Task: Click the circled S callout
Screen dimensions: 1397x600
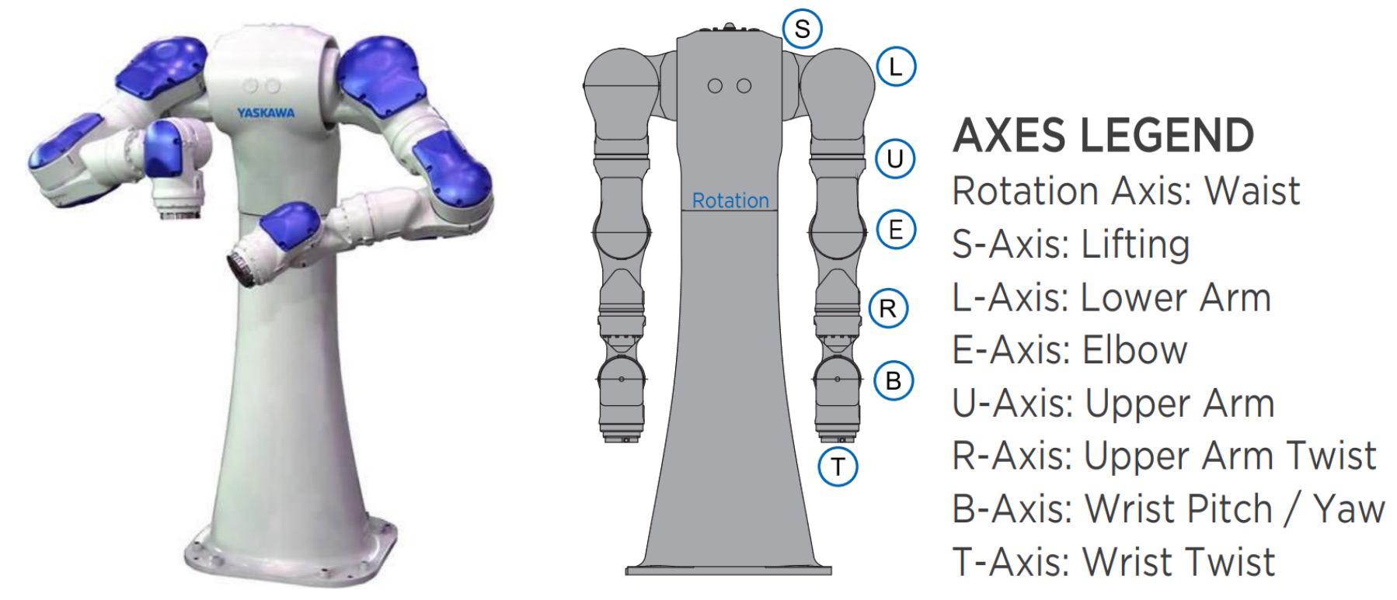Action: coord(802,29)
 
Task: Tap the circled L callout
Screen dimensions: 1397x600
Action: coord(896,67)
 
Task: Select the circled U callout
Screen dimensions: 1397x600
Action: coord(895,159)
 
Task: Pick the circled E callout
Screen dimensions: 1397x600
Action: coord(896,231)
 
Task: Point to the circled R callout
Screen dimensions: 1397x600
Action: coord(888,309)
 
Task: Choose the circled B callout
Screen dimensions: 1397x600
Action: coord(894,381)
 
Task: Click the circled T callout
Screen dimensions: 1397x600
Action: coord(838,467)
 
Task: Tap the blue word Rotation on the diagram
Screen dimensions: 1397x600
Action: coord(730,201)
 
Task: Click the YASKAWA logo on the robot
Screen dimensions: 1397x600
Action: coord(266,113)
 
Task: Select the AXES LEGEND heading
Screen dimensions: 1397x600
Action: coord(1103,136)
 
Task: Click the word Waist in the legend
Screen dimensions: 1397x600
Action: coord(1252,191)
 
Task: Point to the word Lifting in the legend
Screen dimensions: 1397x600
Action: coord(1135,245)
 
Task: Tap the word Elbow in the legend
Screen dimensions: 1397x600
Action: coord(1135,350)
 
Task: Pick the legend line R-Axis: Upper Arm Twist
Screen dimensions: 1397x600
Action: coord(1163,456)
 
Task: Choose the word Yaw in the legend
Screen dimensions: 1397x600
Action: coord(1348,509)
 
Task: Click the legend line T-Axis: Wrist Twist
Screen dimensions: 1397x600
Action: coord(1113,562)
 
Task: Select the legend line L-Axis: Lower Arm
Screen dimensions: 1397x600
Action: coord(1111,297)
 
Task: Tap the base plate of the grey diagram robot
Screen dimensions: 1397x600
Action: coord(728,571)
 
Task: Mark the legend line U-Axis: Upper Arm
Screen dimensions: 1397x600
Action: coord(1113,404)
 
